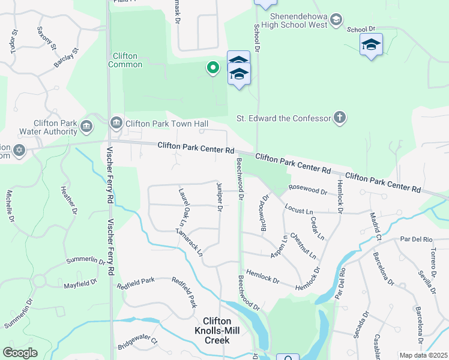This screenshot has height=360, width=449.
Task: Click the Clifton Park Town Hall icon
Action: pyautogui.click(x=116, y=124)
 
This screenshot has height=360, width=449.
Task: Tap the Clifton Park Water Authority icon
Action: pyautogui.click(x=86, y=127)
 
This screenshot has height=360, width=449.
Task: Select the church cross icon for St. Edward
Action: pyautogui.click(x=340, y=118)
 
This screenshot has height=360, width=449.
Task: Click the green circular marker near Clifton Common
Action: pyautogui.click(x=212, y=68)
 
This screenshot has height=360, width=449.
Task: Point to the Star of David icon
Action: pyautogui.click(x=19, y=150)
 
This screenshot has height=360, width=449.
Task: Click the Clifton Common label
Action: pyautogui.click(x=125, y=60)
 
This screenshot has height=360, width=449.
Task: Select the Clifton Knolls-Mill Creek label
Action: pyautogui.click(x=217, y=331)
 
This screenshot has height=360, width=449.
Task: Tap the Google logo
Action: pyautogui.click(x=20, y=353)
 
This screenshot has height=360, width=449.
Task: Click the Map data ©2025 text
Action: pyautogui.click(x=423, y=355)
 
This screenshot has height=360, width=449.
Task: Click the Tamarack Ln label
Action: pyautogui.click(x=190, y=241)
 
